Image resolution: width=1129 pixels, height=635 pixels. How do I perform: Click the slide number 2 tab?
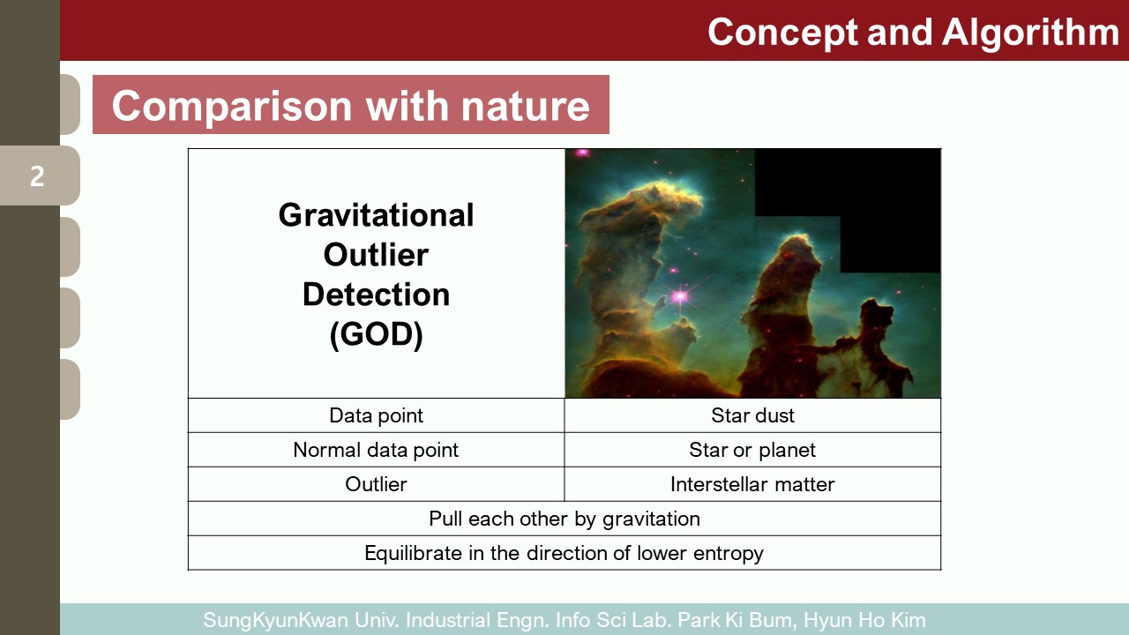pyautogui.click(x=40, y=176)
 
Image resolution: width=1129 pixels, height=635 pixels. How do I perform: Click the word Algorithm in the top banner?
pyautogui.click(x=1030, y=34)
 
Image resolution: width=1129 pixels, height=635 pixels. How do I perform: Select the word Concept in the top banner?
pyautogui.click(x=782, y=34)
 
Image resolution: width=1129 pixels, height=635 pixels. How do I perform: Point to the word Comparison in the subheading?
pyautogui.click(x=232, y=107)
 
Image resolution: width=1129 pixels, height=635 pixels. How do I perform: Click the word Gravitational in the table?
pyautogui.click(x=376, y=215)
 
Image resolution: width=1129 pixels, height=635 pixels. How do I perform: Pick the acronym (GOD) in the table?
pyautogui.click(x=376, y=334)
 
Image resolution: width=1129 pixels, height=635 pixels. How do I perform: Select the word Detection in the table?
pyautogui.click(x=376, y=295)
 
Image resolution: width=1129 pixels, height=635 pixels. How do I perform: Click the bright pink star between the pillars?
pyautogui.click(x=680, y=295)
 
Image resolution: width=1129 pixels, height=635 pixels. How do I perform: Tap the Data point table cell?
pyautogui.click(x=376, y=415)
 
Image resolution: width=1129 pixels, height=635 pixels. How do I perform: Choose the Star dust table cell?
pyautogui.click(x=752, y=415)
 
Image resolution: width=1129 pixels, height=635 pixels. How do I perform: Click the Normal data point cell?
pyautogui.click(x=376, y=450)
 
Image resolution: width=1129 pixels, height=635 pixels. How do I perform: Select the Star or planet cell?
pyautogui.click(x=752, y=450)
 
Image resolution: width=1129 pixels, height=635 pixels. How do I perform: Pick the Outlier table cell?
pyautogui.click(x=376, y=484)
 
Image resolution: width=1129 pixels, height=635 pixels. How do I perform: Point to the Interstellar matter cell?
pyautogui.click(x=752, y=484)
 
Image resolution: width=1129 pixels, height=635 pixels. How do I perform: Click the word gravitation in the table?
pyautogui.click(x=651, y=519)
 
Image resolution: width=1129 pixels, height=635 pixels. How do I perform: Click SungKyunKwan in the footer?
pyautogui.click(x=276, y=620)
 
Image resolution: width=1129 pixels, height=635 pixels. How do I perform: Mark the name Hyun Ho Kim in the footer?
pyautogui.click(x=864, y=620)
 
